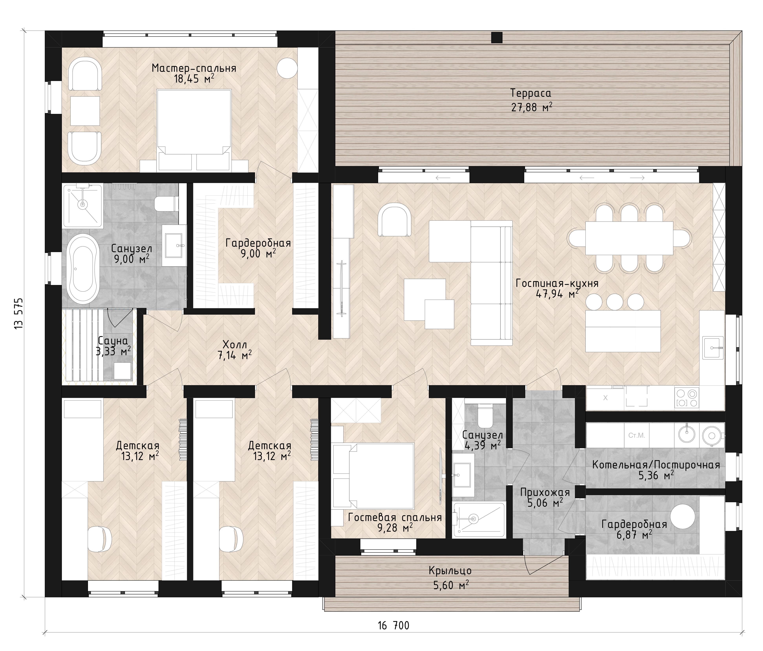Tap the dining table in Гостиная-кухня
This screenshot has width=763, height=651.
629,238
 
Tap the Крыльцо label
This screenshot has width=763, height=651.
450,571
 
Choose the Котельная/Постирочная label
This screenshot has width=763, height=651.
656,465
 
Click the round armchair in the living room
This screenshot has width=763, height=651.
396,220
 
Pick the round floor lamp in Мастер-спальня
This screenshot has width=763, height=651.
287,68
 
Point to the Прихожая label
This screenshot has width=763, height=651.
545,492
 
